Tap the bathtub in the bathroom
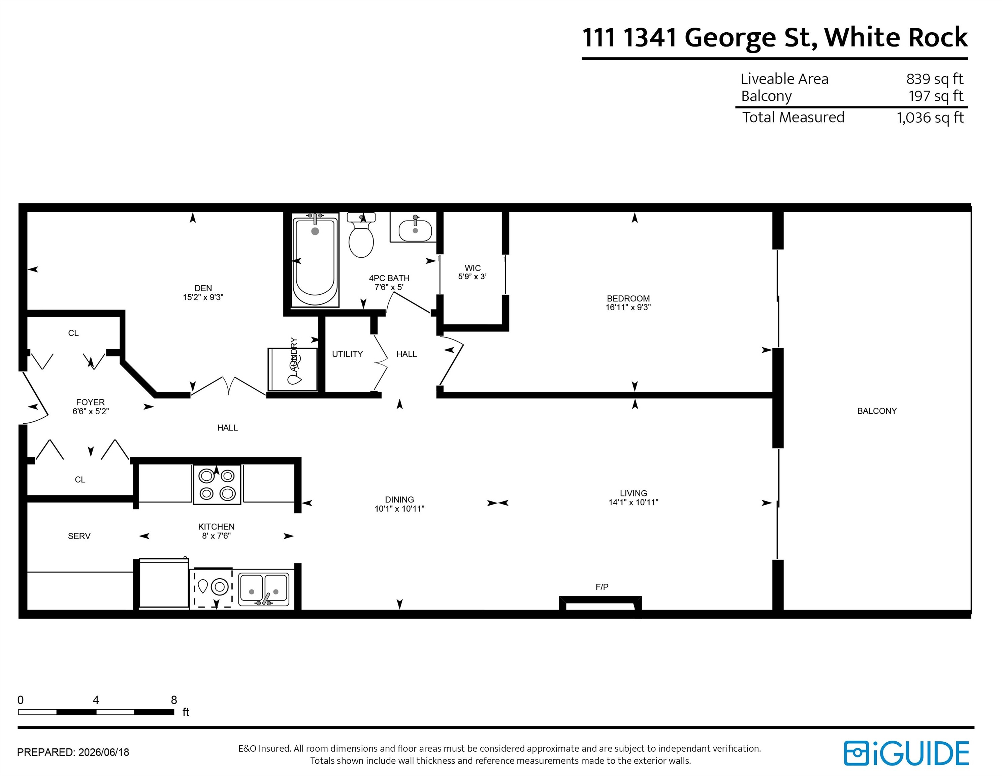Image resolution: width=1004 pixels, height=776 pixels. coord(315,260)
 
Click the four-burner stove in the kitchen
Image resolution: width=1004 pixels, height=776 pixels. coord(217,485)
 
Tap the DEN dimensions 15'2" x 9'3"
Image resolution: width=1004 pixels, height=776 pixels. coord(203,297)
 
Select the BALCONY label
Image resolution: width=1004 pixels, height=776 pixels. coord(877,411)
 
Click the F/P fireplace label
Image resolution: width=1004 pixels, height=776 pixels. coord(602,587)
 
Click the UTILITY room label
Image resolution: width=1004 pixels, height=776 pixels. coord(348,354)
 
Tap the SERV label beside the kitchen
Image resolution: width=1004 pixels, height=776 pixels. coord(79,536)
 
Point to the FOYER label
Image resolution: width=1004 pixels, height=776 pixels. coord(91,402)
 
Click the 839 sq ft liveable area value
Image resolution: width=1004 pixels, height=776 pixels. coord(935,79)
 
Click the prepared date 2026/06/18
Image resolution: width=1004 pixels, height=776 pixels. coord(104,752)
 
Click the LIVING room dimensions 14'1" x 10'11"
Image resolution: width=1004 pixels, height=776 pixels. coord(634,503)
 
